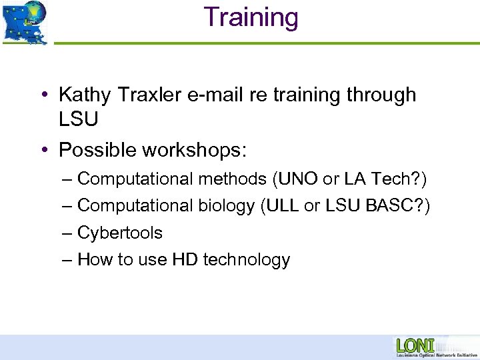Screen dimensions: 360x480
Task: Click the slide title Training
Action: click(251, 17)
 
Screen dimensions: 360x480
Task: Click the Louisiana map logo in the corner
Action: click(25, 22)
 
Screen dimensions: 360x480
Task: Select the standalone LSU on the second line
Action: click(79, 120)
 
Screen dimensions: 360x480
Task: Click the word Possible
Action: click(97, 150)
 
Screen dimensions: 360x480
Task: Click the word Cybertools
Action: click(120, 233)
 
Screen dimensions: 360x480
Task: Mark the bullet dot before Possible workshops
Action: click(43, 150)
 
